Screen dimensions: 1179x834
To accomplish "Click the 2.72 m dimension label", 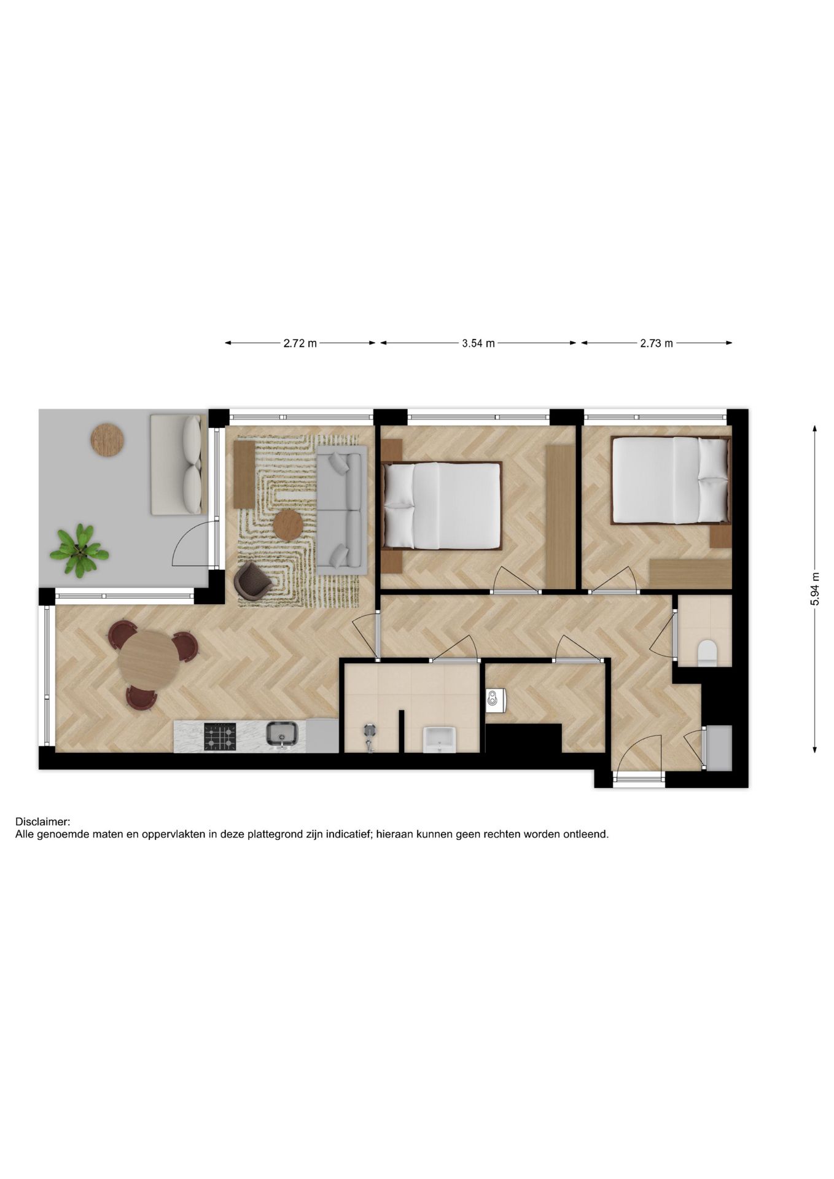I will [300, 343].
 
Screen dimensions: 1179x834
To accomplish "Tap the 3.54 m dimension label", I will [478, 343].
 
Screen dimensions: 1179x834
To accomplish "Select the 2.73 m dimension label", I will [656, 343].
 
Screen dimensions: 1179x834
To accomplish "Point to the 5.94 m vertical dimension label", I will [815, 589].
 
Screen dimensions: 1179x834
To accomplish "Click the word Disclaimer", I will [43, 822].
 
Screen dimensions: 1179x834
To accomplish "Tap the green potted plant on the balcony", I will [79, 550].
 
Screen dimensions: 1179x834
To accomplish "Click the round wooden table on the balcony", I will [107, 438].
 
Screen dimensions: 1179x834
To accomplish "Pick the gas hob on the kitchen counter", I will [220, 736].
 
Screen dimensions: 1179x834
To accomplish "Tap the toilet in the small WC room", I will [707, 653].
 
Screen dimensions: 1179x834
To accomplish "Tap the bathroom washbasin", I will [440, 739].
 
